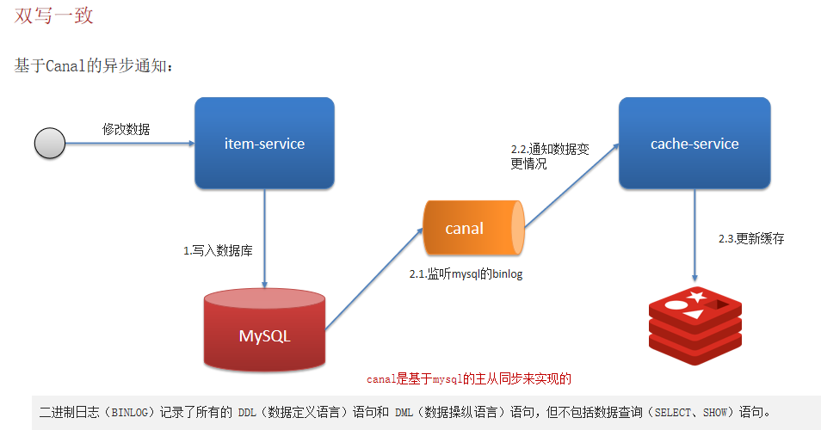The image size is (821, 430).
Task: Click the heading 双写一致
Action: pyautogui.click(x=54, y=15)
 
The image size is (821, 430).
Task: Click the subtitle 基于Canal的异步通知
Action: pyautogui.click(x=94, y=66)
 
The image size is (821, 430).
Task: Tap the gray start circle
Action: pyautogui.click(x=50, y=144)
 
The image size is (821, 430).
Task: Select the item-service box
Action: pyautogui.click(x=264, y=144)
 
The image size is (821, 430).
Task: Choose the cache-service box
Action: pyautogui.click(x=694, y=144)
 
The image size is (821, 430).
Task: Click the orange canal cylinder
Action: pyautogui.click(x=472, y=228)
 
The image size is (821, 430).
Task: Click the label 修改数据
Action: pyautogui.click(x=126, y=129)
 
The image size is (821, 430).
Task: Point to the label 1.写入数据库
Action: pyautogui.click(x=218, y=251)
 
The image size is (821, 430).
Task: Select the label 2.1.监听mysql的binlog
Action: pyautogui.click(x=466, y=274)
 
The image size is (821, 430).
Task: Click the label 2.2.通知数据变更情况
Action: pyautogui.click(x=550, y=156)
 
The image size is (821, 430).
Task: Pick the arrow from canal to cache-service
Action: pyautogui.click(x=571, y=186)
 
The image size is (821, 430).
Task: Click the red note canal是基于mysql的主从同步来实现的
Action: pyautogui.click(x=469, y=378)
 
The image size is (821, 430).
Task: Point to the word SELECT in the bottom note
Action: pyautogui.click(x=672, y=413)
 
